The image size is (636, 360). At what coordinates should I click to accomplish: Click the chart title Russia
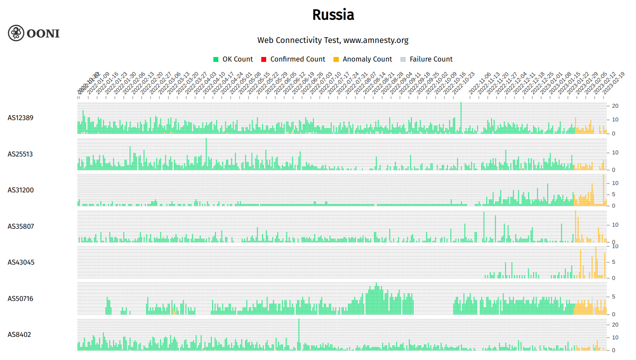point(333,15)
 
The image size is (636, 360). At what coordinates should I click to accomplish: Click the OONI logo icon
point(16,33)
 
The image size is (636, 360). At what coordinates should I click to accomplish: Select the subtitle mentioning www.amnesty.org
point(333,40)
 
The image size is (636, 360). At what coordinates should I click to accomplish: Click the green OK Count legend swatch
point(216,59)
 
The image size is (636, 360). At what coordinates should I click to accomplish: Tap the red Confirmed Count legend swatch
point(264,59)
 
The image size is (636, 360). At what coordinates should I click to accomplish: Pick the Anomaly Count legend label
point(367,59)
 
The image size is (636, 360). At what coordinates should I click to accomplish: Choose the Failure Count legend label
point(431,59)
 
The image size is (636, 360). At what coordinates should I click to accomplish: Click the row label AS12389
point(20,118)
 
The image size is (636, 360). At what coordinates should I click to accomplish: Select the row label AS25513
point(20,154)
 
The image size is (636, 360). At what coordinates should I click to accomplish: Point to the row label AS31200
point(21,190)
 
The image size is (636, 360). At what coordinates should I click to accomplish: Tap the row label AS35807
point(21,227)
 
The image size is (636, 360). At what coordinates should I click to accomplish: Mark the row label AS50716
point(20,299)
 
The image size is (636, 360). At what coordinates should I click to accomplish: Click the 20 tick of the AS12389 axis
point(615,106)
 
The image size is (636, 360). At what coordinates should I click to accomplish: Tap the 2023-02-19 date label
point(614,83)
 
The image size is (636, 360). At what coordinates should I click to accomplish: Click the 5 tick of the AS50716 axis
point(614,297)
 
